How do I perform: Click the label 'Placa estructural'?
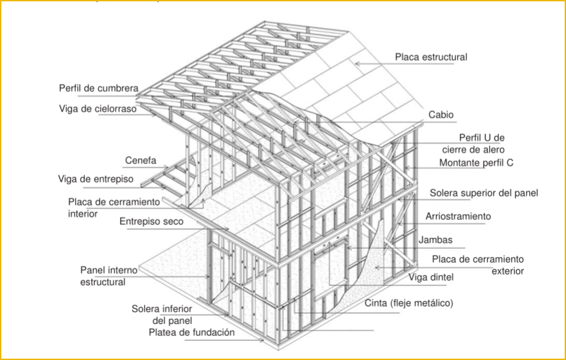click(x=431, y=57)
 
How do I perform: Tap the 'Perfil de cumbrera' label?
click(x=99, y=89)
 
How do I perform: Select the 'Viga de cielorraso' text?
click(x=98, y=109)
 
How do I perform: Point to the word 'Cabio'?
click(x=441, y=115)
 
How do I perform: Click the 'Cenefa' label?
click(x=141, y=160)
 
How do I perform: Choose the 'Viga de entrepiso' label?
click(x=95, y=179)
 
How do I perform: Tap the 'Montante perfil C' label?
click(x=476, y=163)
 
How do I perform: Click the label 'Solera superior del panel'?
click(x=484, y=193)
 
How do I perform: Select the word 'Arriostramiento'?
click(x=458, y=216)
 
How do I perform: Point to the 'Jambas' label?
click(x=435, y=240)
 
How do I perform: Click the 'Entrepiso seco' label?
click(x=151, y=221)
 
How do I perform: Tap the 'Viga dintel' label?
click(x=431, y=277)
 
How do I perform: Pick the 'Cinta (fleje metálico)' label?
click(x=409, y=303)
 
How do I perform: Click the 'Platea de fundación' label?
click(x=192, y=333)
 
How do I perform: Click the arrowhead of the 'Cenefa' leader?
click(x=167, y=167)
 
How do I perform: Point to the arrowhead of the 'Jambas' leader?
click(x=348, y=248)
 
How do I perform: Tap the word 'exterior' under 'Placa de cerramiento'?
click(x=507, y=271)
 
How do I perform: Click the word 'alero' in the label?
click(x=493, y=149)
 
